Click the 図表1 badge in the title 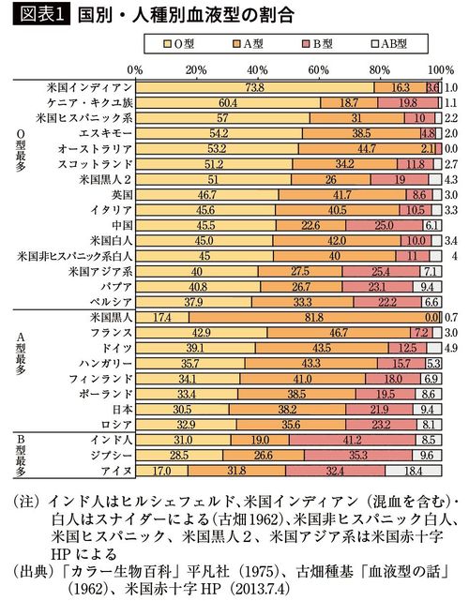tap(34, 15)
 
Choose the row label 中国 tap(120, 225)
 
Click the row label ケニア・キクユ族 tap(86, 101)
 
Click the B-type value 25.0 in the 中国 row tap(383, 225)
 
